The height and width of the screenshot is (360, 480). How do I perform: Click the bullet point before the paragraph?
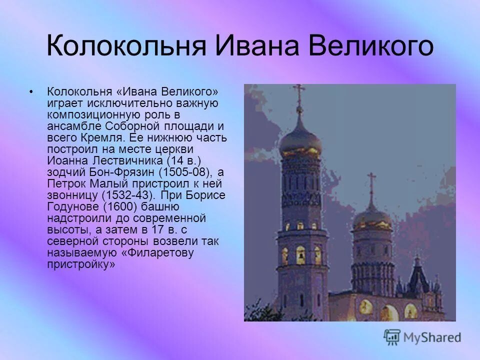pyautogui.click(x=32, y=92)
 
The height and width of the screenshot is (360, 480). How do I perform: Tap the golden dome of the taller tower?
pyautogui.click(x=300, y=140)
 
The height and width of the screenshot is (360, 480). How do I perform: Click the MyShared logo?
pyautogui.click(x=422, y=337)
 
